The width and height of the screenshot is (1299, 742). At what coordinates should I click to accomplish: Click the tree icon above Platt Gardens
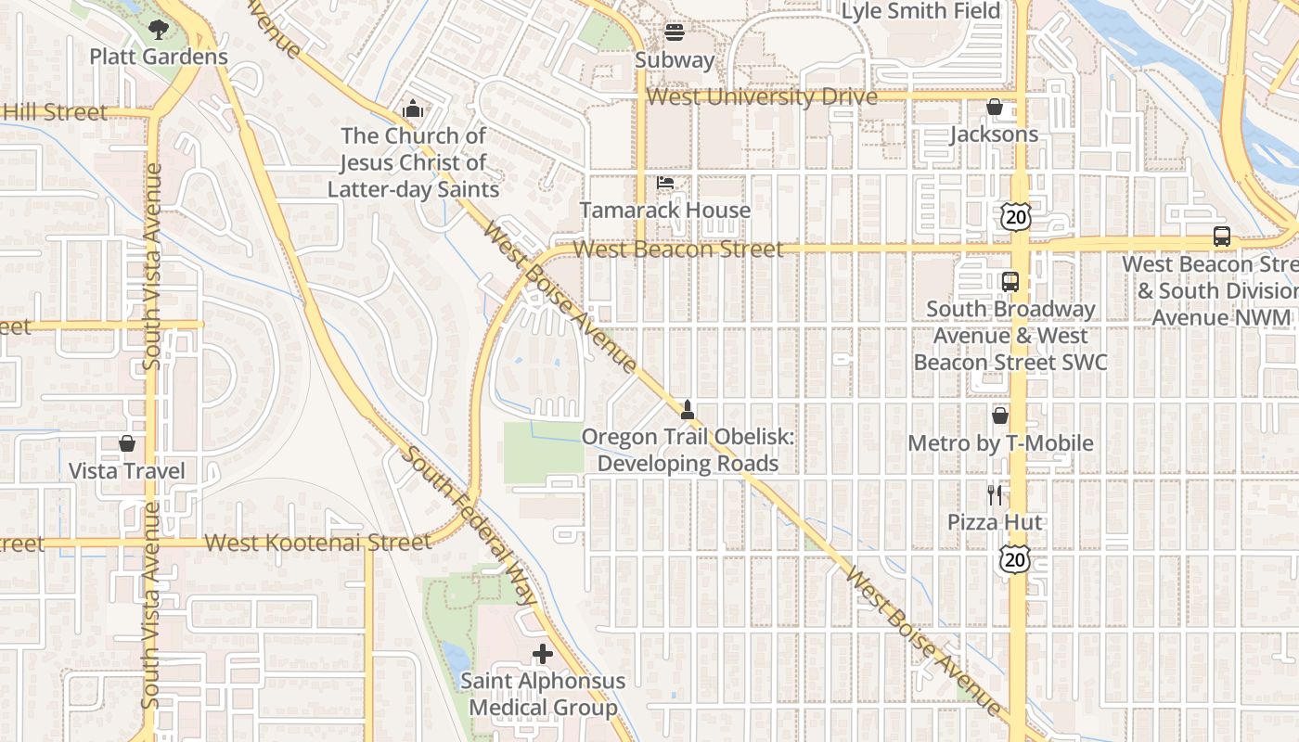click(x=159, y=29)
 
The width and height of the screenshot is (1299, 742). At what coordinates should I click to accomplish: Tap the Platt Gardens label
click(x=159, y=57)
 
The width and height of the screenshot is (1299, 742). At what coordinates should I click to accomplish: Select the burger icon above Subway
click(x=675, y=32)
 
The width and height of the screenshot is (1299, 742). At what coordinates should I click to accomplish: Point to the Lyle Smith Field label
click(x=920, y=11)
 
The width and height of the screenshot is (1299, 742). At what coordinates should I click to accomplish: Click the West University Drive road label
click(x=761, y=97)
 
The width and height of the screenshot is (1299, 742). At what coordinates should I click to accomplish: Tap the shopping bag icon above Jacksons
click(x=995, y=108)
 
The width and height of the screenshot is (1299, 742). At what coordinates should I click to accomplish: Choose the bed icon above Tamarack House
click(x=665, y=183)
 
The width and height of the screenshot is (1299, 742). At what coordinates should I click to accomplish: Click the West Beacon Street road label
click(x=677, y=249)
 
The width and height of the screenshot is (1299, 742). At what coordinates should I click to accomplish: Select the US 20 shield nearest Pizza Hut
click(x=1015, y=559)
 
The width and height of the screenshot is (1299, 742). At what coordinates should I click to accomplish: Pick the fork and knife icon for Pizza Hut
click(x=995, y=494)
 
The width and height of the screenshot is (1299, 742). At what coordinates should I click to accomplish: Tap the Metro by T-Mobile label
click(x=1000, y=443)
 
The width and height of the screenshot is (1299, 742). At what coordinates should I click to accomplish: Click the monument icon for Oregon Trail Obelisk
click(x=688, y=409)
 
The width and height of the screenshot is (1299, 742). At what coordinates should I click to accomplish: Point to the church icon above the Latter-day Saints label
click(x=413, y=109)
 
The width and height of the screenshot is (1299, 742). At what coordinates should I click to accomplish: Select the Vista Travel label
click(x=127, y=471)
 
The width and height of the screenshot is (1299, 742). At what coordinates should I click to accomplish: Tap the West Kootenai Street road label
click(x=317, y=543)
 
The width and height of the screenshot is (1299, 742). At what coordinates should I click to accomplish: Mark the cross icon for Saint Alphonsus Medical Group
click(x=543, y=654)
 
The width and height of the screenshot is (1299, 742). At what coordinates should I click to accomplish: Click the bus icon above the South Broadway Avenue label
click(x=1010, y=282)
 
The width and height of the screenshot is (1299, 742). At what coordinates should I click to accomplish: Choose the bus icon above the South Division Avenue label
click(x=1222, y=237)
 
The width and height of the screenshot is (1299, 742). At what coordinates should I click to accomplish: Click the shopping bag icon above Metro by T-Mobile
click(x=1000, y=416)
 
